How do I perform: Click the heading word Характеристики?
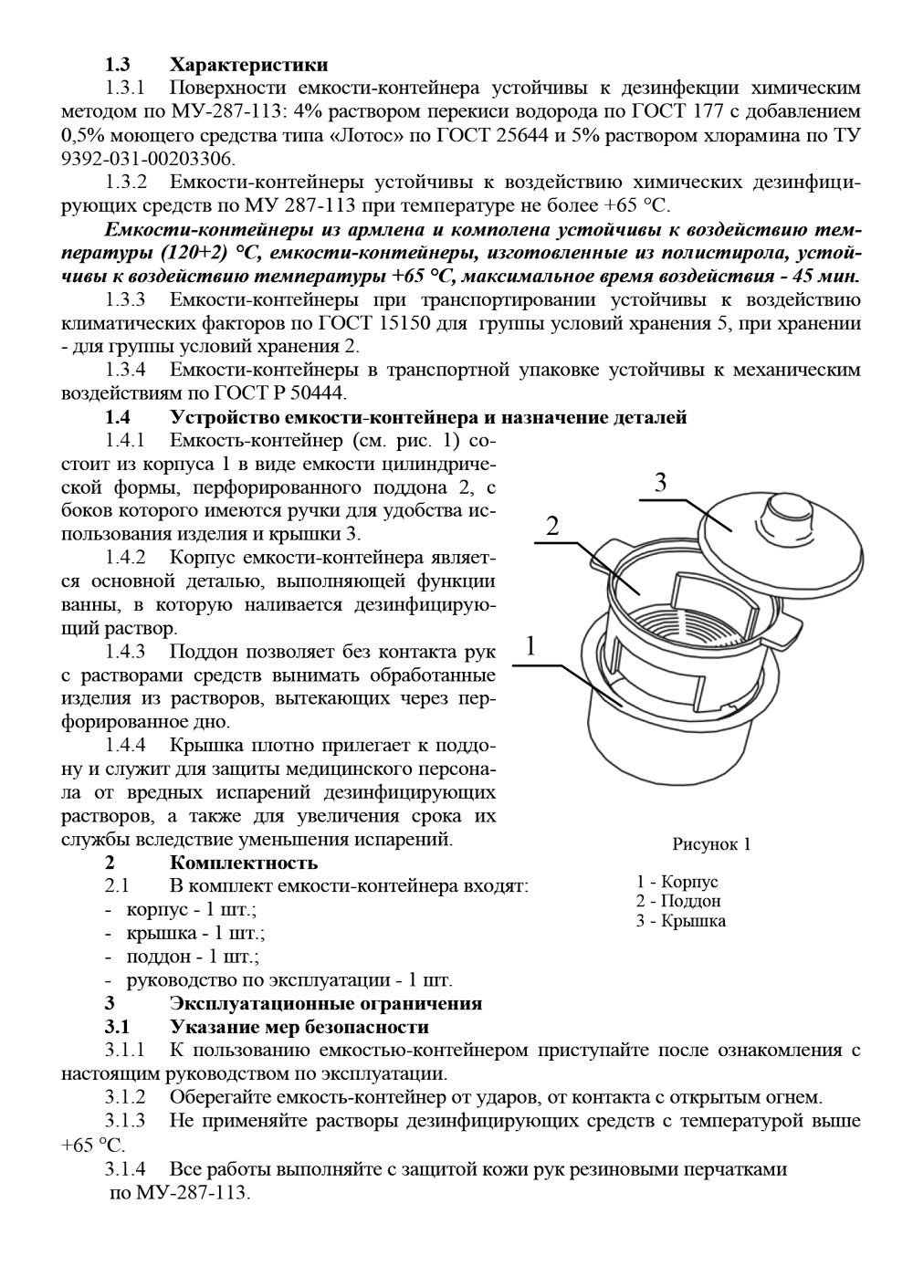[248, 65]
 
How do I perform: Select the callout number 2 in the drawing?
[551, 527]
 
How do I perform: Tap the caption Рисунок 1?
[711, 844]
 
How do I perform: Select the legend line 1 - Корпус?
[677, 883]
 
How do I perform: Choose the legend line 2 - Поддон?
[678, 902]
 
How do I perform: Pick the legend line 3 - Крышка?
[681, 921]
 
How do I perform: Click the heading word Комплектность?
[244, 863]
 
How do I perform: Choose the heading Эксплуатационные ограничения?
[326, 1003]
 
